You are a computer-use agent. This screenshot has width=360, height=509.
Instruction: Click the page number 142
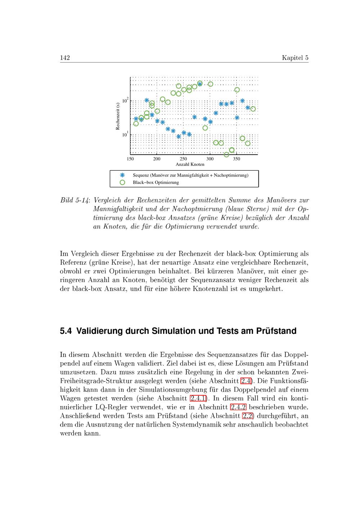[65, 58]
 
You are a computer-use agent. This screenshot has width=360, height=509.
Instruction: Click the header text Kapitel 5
[295, 58]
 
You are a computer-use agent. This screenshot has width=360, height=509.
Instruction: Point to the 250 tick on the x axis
[183, 159]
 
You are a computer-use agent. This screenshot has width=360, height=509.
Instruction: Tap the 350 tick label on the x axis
[236, 159]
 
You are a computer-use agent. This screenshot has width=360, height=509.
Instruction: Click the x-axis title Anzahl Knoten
[190, 164]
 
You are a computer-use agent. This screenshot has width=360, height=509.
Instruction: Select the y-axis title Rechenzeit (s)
[117, 116]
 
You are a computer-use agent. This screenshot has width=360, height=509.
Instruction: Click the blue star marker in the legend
[122, 175]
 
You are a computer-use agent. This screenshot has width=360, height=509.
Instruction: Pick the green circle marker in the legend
[122, 182]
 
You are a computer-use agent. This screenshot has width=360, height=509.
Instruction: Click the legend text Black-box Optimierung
[156, 182]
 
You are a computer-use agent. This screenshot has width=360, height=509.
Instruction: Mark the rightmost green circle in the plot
[253, 109]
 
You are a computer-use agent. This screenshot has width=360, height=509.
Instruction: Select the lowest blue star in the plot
[179, 136]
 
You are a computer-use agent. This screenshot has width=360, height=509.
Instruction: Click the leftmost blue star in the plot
[136, 119]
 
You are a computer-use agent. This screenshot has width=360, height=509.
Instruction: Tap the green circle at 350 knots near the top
[237, 90]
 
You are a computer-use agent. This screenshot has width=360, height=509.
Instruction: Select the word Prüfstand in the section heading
[276, 331]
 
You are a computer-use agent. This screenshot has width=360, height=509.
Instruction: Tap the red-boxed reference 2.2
[248, 416]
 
